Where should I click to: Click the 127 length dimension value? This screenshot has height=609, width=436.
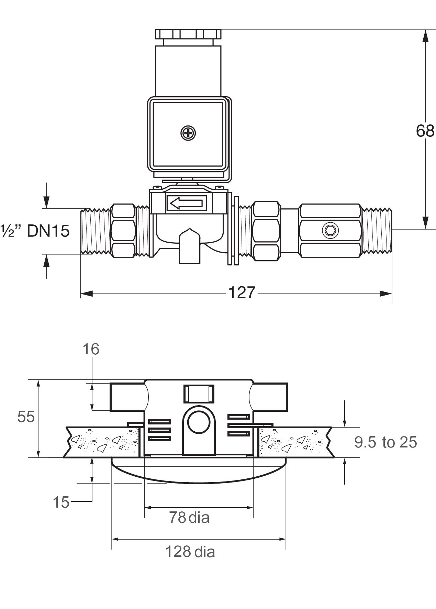point(242,293)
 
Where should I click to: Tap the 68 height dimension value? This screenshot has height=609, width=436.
point(425,131)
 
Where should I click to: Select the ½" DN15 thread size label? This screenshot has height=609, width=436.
point(35,231)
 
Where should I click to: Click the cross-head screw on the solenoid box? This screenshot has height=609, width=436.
point(188,133)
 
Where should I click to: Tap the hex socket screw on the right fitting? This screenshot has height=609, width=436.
point(331,231)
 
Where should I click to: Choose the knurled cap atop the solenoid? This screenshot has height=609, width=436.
point(188,34)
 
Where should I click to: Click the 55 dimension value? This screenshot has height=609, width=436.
point(26,417)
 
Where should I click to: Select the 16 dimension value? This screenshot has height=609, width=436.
point(91,349)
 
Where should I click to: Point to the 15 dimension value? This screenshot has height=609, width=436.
point(61,502)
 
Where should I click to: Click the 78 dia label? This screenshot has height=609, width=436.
point(189,517)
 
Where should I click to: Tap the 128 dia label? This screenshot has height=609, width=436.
point(190,552)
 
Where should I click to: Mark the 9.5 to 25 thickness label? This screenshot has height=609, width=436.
point(385,442)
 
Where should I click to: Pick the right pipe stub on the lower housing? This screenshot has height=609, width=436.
point(269,397)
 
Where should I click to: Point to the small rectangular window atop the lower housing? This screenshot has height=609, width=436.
point(199,394)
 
